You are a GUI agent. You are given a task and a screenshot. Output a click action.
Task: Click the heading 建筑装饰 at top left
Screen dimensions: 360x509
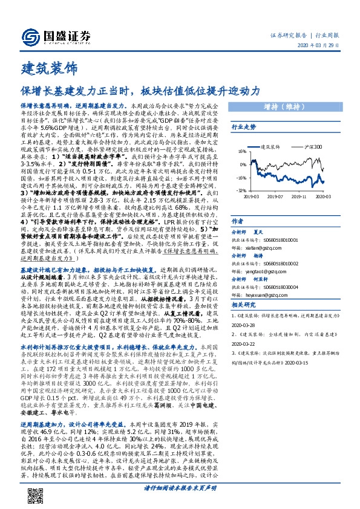pyautogui.click(x=45, y=66)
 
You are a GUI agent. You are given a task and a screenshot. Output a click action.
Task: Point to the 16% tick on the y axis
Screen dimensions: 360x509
pyautogui.click(x=241, y=151)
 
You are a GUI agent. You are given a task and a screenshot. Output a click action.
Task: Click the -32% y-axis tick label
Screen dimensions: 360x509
pyautogui.click(x=240, y=190)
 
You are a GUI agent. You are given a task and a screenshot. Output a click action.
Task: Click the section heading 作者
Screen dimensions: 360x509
pyautogui.click(x=238, y=221)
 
